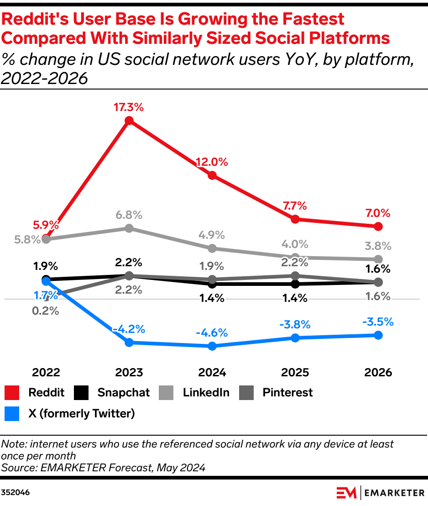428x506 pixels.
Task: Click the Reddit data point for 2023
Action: coord(129,121)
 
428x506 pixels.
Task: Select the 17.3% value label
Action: coord(129,107)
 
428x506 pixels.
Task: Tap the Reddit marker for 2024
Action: coord(212,175)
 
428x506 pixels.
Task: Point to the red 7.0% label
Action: coord(378,213)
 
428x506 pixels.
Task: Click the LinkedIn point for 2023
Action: coord(129,228)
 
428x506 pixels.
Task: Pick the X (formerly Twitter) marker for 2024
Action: coord(212,346)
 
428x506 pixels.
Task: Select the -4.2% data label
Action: coord(129,329)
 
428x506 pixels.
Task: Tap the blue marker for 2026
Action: coord(378,335)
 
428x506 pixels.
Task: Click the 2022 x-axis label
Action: coord(46,372)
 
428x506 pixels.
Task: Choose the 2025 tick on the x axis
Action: coord(295,372)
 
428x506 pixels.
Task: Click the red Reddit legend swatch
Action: coord(11,393)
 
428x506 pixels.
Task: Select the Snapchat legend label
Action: coord(124,393)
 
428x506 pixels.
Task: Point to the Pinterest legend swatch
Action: coord(246,393)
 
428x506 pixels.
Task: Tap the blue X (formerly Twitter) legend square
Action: coord(11,414)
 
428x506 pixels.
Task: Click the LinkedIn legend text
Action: coord(206,393)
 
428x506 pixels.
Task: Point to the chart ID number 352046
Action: coord(16,493)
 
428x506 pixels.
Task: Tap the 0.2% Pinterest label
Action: coord(46,311)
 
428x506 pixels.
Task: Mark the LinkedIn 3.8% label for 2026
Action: coord(378,246)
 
